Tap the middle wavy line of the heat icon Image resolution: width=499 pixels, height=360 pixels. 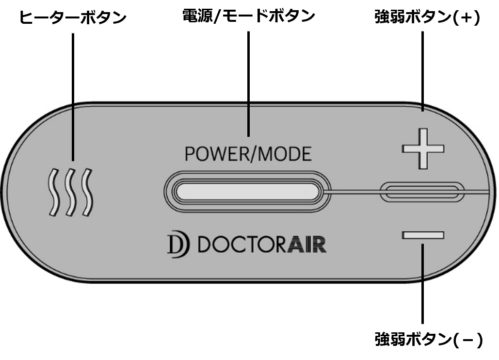click(70, 193)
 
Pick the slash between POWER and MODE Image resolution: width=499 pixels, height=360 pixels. click(254, 154)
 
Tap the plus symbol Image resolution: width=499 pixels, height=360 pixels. click(423, 148)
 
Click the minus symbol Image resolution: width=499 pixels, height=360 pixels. click(423, 235)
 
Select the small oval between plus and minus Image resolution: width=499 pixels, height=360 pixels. click(421, 192)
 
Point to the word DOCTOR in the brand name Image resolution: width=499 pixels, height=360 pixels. click(240, 245)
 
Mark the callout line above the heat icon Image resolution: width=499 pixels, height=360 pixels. click(73, 131)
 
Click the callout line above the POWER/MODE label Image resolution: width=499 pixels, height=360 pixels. click(249, 119)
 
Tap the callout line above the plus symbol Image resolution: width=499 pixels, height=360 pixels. click(423, 106)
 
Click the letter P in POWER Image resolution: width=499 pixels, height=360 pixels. click(190, 154)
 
